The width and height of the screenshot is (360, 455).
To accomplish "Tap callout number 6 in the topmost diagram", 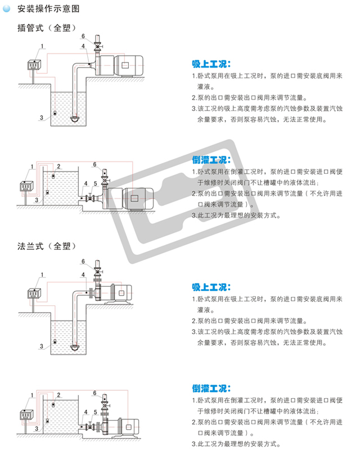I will pyautogui.click(x=83, y=37).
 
